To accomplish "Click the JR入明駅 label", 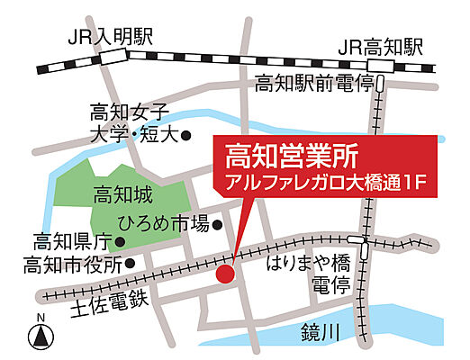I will pos(111,37).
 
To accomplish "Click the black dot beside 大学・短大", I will pos(186,136).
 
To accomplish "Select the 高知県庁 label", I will pos(71,241).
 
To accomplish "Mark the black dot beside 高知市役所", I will pos(131,264).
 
